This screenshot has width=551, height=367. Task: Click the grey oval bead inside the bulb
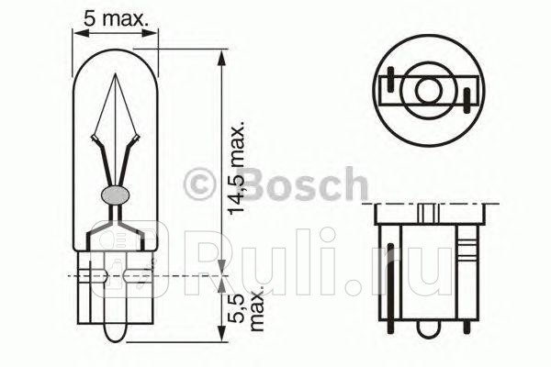click(x=117, y=195)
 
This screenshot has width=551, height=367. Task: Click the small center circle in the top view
click(x=428, y=91)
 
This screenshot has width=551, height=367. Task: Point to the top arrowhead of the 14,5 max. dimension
click(x=222, y=56)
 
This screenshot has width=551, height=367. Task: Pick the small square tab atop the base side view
click(x=427, y=212)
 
